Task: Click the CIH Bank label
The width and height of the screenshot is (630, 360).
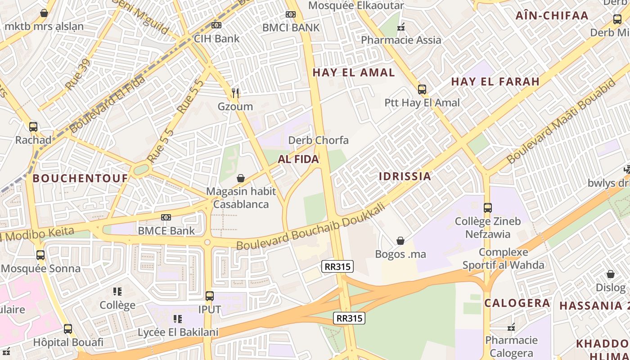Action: (x=216, y=39)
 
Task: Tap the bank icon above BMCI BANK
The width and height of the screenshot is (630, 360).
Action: (x=291, y=14)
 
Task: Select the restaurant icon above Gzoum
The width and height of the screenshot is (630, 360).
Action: (x=235, y=94)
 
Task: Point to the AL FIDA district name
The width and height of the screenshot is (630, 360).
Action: (x=298, y=159)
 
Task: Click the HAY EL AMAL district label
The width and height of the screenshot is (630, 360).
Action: (x=354, y=72)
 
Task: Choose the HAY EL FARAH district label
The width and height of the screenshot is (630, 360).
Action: (x=495, y=81)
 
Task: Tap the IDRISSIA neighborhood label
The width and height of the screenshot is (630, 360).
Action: (x=405, y=176)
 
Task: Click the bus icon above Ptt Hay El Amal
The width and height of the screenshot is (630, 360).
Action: (x=422, y=89)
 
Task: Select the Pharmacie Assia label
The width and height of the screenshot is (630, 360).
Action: (x=401, y=40)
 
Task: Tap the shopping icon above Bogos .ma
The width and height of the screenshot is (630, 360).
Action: (x=400, y=241)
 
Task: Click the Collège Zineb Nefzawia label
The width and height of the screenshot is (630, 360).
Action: (x=488, y=228)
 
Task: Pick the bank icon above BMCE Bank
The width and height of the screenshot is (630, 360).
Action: (x=166, y=217)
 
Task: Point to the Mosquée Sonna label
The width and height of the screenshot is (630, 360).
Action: (x=40, y=269)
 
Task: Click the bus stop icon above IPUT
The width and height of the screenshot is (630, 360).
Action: (x=209, y=296)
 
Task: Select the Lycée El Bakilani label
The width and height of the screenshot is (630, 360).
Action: (x=178, y=333)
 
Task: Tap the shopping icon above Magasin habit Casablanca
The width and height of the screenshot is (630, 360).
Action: (x=241, y=178)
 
